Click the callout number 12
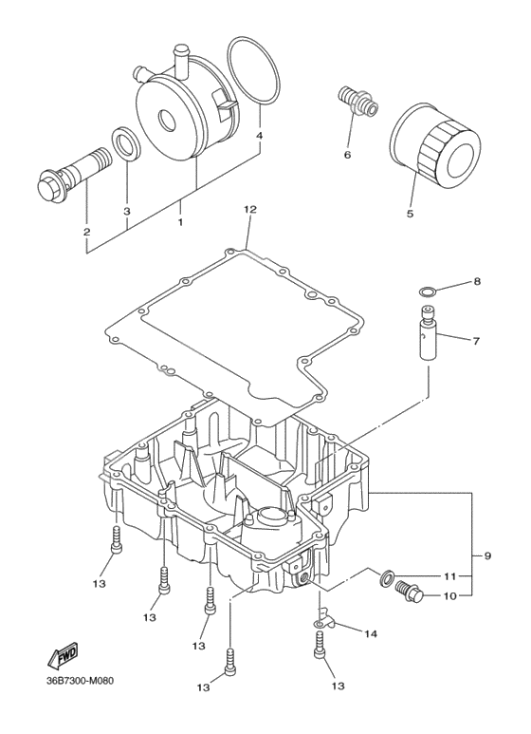(249, 208)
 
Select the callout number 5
(410, 214)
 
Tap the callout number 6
(347, 154)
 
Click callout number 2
(86, 230)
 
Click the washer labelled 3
(125, 143)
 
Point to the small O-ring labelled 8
(429, 290)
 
